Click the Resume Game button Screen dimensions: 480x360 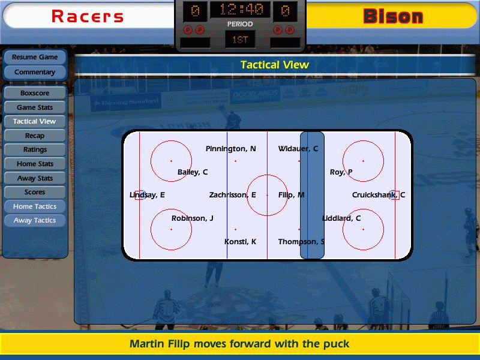tap(35, 57)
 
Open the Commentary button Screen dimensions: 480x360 tap(35, 72)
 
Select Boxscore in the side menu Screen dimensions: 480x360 tap(35, 93)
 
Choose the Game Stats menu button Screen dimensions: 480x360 tap(35, 107)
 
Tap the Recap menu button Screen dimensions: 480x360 tap(35, 136)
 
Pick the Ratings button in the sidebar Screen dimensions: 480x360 tap(35, 149)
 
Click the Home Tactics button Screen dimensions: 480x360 tap(35, 206)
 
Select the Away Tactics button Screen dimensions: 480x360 tap(35, 220)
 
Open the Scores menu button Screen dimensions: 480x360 tap(35, 192)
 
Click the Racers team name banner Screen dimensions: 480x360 tap(88, 16)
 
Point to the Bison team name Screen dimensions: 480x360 tap(393, 16)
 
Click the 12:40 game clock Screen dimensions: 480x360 tap(241, 10)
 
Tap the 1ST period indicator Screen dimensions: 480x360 tap(240, 40)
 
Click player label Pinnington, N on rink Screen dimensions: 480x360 tap(230, 149)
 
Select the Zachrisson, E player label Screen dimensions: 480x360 tap(232, 195)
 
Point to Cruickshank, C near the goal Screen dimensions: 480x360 tap(379, 195)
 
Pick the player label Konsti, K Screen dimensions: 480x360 tap(240, 242)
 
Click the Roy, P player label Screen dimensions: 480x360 tap(341, 172)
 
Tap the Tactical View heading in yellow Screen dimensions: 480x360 tap(275, 65)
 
